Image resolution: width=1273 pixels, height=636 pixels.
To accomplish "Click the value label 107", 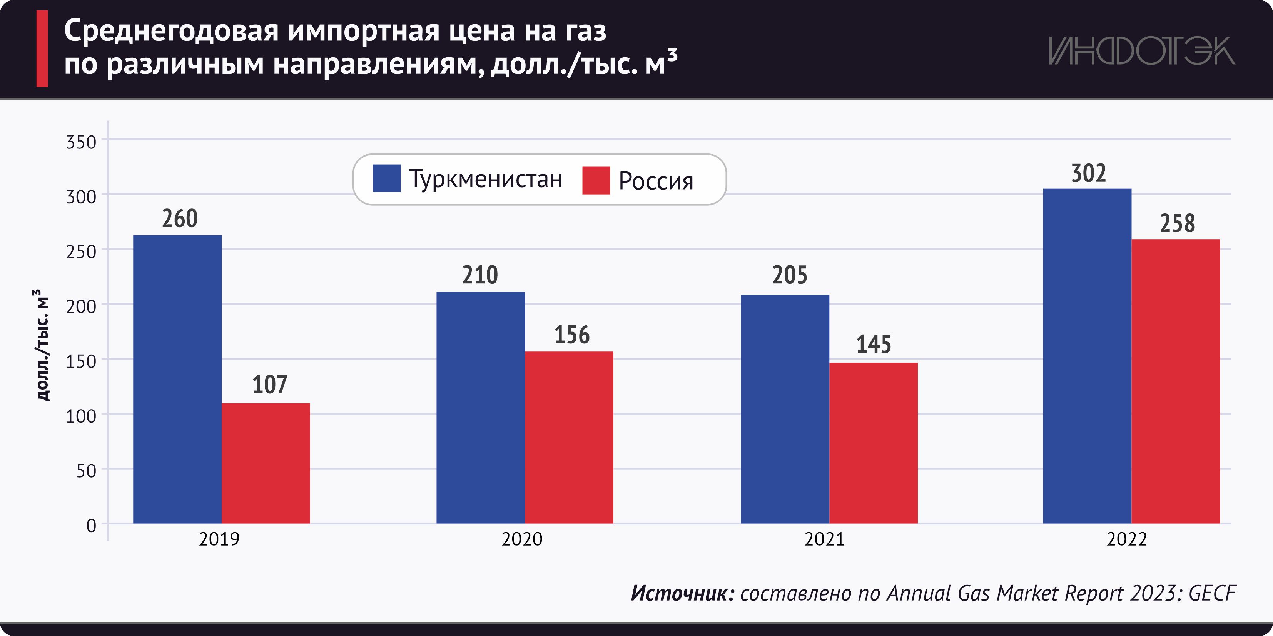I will tap(269, 384).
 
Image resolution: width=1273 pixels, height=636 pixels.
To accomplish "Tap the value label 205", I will tap(790, 275).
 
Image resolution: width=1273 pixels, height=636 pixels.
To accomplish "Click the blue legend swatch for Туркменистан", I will tap(386, 178).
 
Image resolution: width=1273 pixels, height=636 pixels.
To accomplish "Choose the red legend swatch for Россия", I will tap(596, 180).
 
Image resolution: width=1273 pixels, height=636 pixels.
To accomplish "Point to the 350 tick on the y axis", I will tap(81, 142).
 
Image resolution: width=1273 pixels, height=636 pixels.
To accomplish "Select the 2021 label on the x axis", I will tap(824, 539).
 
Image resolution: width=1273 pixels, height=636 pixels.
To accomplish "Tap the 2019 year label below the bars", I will tap(219, 539).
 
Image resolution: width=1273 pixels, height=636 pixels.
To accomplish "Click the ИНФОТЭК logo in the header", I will tap(1141, 51).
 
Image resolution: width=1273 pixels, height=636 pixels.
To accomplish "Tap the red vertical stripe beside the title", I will tap(42, 48).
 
